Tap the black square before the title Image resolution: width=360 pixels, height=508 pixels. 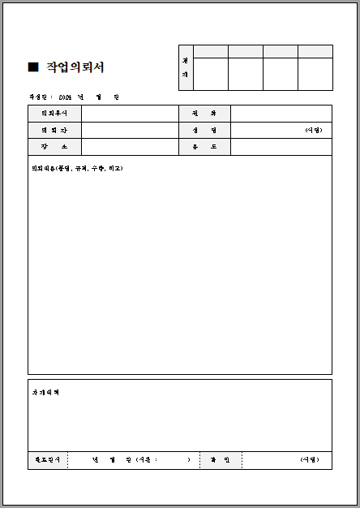click(33, 67)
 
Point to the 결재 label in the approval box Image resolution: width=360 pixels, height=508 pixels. click(186, 67)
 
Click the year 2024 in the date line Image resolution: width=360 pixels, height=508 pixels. click(66, 97)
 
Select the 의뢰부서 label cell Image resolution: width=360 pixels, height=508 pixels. click(54, 114)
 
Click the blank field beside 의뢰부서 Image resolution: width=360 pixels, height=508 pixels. click(130, 114)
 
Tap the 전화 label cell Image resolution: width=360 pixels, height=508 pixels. click(204, 114)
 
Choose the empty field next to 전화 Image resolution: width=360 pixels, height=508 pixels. click(281, 114)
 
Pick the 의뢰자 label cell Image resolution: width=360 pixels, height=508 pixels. click(54, 130)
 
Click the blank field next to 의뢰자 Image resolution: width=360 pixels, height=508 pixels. click(130, 130)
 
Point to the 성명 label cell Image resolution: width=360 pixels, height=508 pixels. click(204, 130)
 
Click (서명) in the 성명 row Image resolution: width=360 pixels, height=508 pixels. click(313, 130)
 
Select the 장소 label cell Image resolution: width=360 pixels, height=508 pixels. click(54, 147)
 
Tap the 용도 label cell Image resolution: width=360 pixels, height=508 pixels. click(204, 147)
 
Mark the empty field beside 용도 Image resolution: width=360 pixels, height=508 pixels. click(281, 147)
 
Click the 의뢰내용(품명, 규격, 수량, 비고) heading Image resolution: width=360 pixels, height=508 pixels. click(77, 168)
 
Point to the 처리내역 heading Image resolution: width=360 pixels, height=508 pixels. click(45, 393)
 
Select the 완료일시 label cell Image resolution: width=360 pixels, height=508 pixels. click(47, 460)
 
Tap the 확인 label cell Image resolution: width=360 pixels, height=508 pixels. click(221, 460)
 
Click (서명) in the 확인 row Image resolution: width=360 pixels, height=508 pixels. click(310, 460)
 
